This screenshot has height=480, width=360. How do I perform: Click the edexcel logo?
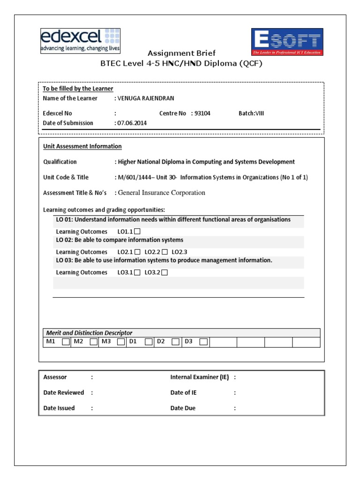pos(80,40)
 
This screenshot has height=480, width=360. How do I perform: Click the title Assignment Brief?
pos(181,53)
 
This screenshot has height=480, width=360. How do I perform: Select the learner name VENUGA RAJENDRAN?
pos(147,98)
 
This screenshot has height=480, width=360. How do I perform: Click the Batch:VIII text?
pos(251,113)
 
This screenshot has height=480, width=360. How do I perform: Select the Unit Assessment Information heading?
pos(82,146)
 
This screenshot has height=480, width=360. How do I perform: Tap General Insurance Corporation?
pos(161,192)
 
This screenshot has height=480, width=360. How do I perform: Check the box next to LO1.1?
pos(137,232)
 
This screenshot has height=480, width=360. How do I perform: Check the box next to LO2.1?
pos(137,252)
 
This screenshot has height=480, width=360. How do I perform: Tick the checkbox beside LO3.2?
pos(165,272)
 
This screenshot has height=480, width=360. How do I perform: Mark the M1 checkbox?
pos(66,342)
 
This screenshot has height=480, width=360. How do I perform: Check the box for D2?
pos(176,342)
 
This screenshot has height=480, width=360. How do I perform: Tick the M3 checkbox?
pos(121,342)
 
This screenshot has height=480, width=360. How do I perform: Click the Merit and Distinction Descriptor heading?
pos(89,332)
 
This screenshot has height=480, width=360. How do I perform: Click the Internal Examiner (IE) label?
pos(200,377)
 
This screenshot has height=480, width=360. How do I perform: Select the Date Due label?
pos(183,408)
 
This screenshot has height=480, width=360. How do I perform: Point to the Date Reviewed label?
pos(64,392)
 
